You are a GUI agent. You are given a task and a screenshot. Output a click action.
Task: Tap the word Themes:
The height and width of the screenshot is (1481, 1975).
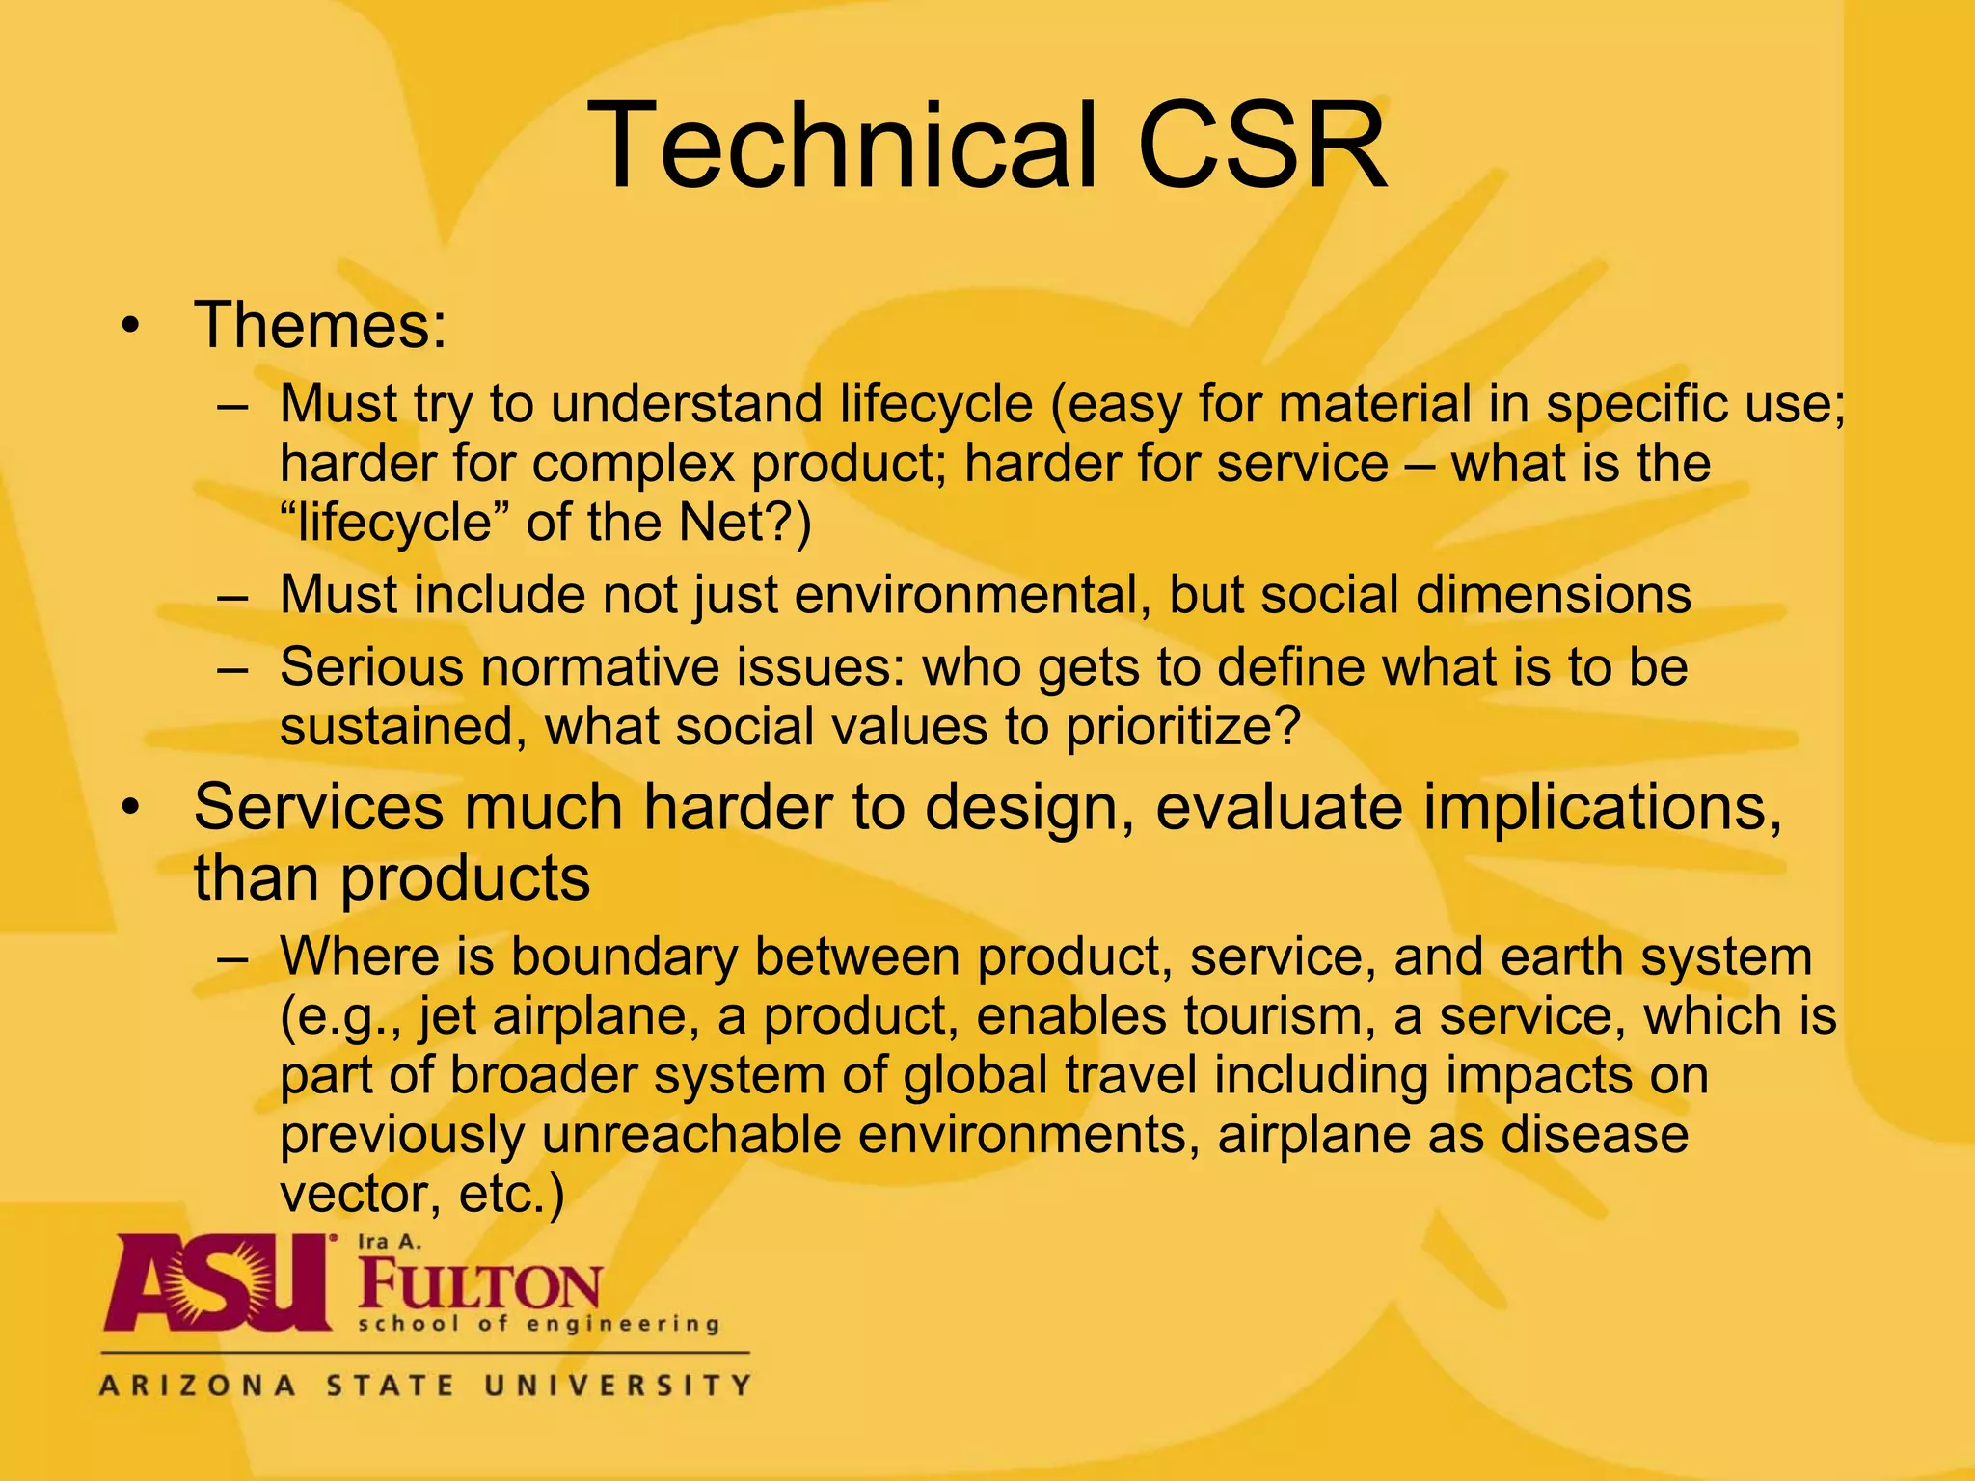pos(320,325)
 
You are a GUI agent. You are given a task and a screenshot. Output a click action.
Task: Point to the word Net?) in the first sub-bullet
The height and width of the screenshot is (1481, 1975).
pos(744,523)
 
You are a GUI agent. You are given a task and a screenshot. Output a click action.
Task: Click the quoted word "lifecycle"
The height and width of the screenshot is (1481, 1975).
pos(394,523)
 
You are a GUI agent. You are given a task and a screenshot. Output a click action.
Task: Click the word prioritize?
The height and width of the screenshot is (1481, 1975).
pos(1183,726)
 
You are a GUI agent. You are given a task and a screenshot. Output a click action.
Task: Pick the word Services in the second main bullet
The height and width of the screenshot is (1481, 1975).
pos(318,807)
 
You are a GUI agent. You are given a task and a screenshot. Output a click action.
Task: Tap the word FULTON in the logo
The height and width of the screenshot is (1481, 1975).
pos(479,1285)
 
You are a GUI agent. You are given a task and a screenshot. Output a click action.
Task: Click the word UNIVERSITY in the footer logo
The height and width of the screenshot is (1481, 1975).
pos(616,1387)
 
